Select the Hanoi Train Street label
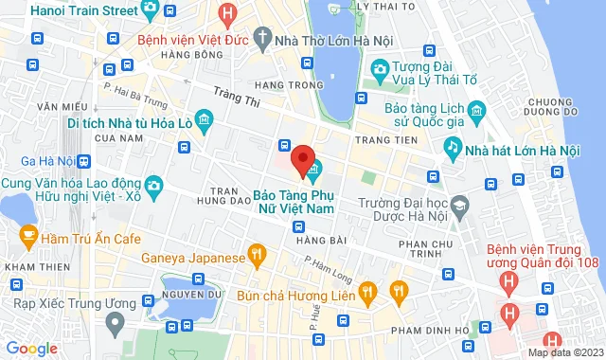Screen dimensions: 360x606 pyautogui.click(x=70, y=9)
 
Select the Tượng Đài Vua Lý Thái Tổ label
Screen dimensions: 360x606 pyautogui.click(x=438, y=76)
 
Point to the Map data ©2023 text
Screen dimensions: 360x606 pyautogui.click(x=563, y=352)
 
